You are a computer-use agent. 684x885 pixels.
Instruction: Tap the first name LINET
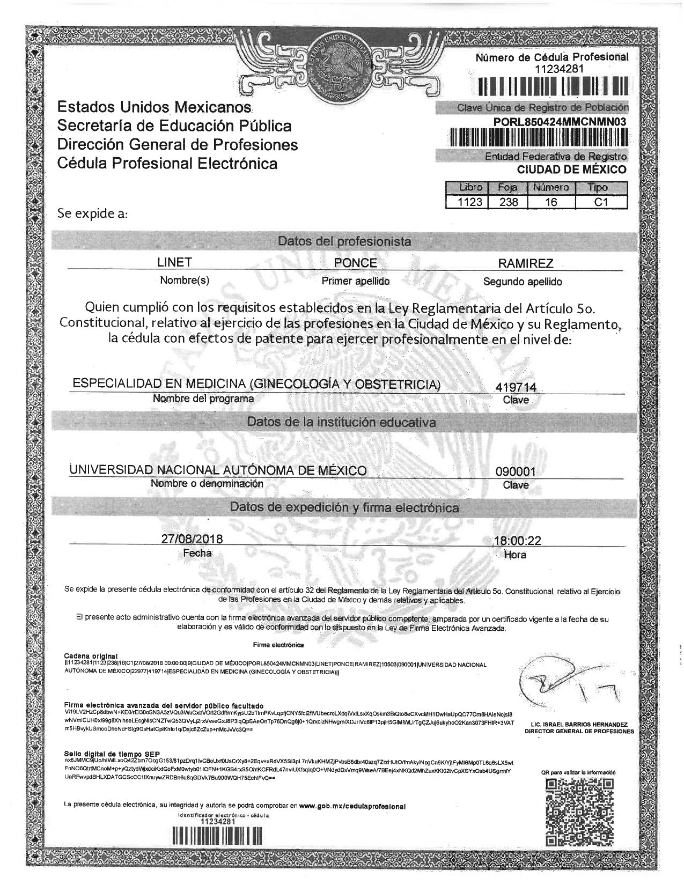pos(174,262)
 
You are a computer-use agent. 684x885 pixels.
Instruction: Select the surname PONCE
pos(355,263)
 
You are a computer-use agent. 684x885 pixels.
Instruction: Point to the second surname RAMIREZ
pos(525,263)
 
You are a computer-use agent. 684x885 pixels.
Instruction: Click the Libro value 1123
pos(466,202)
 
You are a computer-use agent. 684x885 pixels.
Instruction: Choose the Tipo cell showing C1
pos(600,202)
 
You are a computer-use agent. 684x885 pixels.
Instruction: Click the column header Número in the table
pos(551,188)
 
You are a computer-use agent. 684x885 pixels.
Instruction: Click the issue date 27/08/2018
pos(192,539)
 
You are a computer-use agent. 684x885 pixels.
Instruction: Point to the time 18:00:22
pos(517,541)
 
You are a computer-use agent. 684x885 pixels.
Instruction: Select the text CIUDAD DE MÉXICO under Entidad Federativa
pos(571,170)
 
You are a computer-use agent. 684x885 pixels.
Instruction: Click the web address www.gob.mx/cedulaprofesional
pos(352,806)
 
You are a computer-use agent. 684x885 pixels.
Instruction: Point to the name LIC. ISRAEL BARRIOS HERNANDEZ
pos(579,724)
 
